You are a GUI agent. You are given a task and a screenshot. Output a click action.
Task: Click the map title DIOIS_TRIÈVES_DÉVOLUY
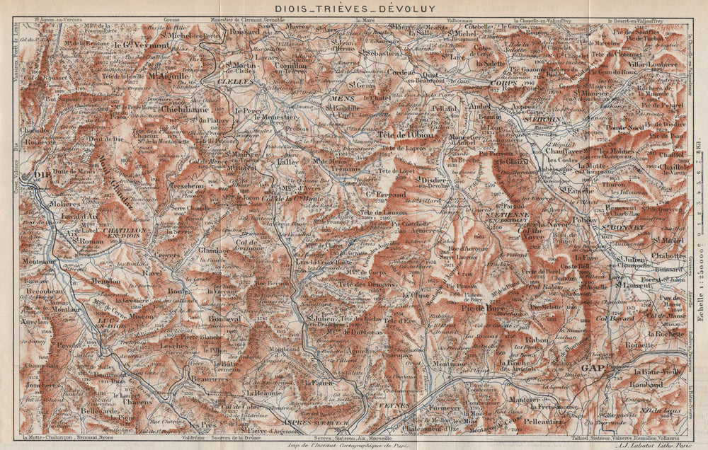coord(353,8)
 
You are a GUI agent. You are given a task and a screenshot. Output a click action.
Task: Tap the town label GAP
coord(593,368)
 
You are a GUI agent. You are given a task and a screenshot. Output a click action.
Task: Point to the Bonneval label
coord(225,320)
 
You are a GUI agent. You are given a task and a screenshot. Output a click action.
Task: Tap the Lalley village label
coord(287,162)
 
